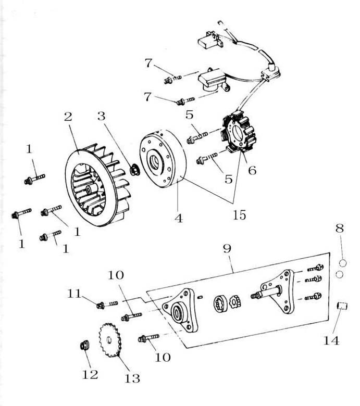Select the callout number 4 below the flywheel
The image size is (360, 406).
point(179,219)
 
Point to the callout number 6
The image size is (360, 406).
point(252,170)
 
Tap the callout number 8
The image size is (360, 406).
point(339,227)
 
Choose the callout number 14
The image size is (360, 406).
point(332,341)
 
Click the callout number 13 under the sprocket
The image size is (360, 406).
point(132,378)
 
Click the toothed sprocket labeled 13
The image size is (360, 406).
point(110,340)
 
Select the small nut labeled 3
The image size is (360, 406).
point(133,169)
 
